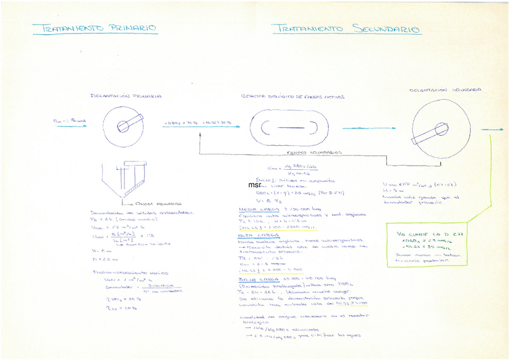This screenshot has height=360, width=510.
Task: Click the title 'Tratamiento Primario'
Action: click(x=94, y=28)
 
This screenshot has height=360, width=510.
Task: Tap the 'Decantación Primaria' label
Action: click(x=125, y=95)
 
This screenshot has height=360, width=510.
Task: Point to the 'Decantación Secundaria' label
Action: click(x=446, y=91)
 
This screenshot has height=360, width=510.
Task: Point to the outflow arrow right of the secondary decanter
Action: click(x=492, y=129)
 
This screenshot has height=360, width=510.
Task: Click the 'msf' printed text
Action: click(x=254, y=185)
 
